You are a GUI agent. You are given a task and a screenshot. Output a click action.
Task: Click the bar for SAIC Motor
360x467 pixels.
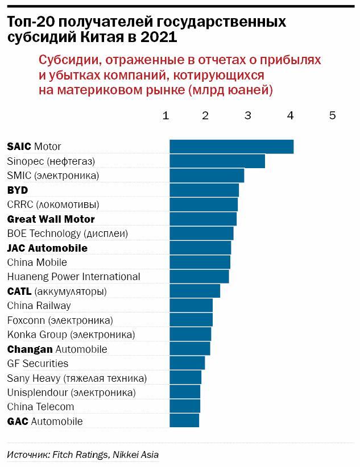[231, 147]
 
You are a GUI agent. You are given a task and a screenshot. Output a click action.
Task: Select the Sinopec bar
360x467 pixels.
[217, 161]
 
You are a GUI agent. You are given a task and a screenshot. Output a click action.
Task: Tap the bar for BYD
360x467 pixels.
[204, 190]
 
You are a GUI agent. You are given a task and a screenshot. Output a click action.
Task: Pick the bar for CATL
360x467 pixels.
[195, 291]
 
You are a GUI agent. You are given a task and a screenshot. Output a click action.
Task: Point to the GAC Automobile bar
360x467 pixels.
[184, 421]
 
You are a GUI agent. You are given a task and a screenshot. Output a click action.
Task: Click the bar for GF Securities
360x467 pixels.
[187, 363]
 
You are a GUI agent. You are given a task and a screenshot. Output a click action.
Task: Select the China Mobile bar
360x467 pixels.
[200, 262]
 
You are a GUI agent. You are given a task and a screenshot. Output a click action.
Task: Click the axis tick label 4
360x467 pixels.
[290, 115]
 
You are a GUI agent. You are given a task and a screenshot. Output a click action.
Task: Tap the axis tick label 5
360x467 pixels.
[333, 115]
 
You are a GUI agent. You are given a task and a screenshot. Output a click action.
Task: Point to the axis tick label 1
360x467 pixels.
[165, 115]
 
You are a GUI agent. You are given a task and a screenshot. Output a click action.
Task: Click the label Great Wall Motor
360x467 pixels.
[51, 219]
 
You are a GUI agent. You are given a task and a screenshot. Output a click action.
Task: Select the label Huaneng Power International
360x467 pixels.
[73, 277]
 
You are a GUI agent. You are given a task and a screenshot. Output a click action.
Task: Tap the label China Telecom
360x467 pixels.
[40, 407]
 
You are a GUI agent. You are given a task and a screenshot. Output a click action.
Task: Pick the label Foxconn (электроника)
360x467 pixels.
[60, 320]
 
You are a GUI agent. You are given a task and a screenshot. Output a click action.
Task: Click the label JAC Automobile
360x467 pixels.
[47, 248]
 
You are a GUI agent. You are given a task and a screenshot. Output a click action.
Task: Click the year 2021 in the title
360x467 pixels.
[159, 37]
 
